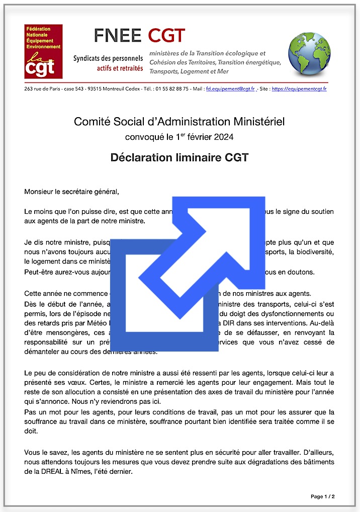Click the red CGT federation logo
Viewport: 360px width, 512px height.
[x=43, y=51]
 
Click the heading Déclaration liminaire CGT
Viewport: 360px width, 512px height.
[x=179, y=157]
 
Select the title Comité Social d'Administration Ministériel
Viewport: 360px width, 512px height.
[x=179, y=122]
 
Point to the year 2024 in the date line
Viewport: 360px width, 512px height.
[x=224, y=136]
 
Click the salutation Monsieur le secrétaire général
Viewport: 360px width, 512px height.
[x=72, y=191]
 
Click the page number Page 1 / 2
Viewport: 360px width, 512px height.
[x=322, y=496]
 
